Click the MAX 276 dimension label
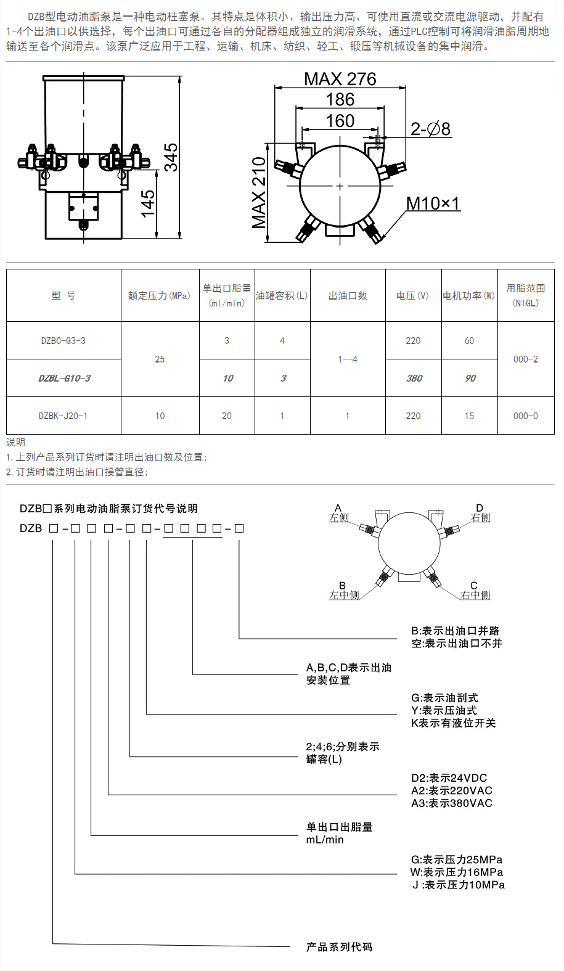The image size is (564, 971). pos(340,79)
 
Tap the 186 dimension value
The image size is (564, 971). pos(340,99)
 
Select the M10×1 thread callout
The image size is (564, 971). pos(433,203)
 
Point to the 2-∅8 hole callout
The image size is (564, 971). pos(430,129)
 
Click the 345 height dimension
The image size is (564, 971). pos(171,157)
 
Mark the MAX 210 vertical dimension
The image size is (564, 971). pos(259,192)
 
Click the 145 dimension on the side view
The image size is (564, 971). pos(148,203)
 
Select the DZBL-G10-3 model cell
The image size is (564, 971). pos(64,378)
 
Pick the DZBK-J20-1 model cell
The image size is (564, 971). pos(63,416)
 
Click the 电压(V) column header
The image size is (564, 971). pos(413,296)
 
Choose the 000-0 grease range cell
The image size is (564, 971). pos(525,416)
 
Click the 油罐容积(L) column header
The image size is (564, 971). pos(282,296)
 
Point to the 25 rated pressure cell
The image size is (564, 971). pos(160,359)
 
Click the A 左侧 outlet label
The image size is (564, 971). pos(338,513)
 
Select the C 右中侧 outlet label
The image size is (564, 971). pos(475,591)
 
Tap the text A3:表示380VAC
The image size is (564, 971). pos(452,803)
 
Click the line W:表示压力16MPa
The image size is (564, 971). pos(457,872)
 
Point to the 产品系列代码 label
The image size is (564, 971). pos(339,947)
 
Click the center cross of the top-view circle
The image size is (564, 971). pos(340,186)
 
